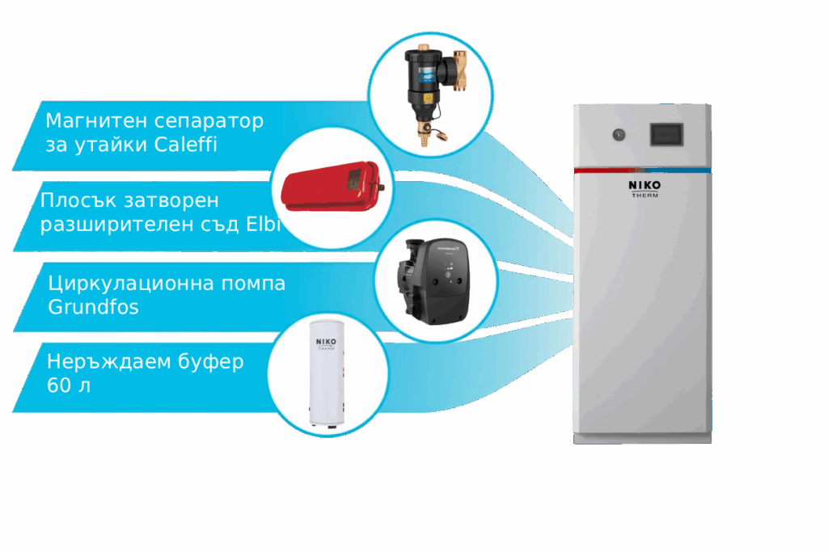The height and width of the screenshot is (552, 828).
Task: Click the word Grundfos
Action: (94, 308)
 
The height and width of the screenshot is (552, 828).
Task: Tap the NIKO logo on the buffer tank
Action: (327, 342)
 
